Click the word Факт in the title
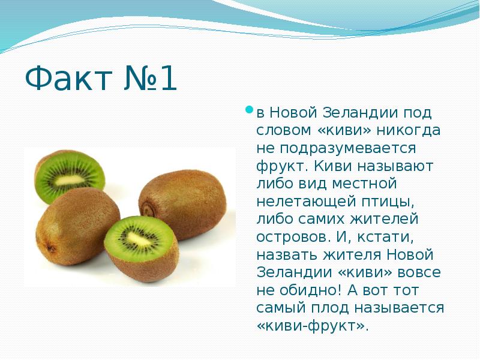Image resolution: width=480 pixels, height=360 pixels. [x=68, y=78]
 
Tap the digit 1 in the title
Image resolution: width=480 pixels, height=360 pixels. [x=169, y=78]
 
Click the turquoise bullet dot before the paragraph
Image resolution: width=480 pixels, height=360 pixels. [x=250, y=109]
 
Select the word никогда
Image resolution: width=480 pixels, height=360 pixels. [x=409, y=130]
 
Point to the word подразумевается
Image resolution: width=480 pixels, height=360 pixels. [x=336, y=149]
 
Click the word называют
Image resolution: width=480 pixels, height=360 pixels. [x=395, y=167]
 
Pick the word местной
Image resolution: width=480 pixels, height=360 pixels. [x=364, y=184]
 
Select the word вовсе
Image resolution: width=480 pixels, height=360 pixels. [x=419, y=273]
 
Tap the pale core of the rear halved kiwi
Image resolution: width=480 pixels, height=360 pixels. [x=70, y=181]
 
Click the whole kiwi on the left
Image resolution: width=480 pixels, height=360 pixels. [x=78, y=226]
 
